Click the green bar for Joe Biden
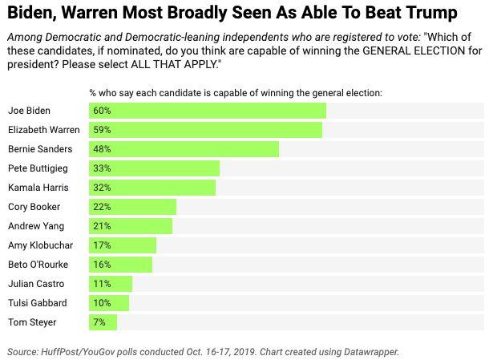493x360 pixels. (x=207, y=111)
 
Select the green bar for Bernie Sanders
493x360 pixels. (x=184, y=149)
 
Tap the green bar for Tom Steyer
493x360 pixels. (x=103, y=322)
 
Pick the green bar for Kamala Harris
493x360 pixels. (x=152, y=188)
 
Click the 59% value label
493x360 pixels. (x=101, y=130)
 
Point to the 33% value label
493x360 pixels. (x=101, y=168)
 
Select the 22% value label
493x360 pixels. (x=101, y=207)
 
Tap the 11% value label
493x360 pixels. (x=101, y=284)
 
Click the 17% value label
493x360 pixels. (x=101, y=245)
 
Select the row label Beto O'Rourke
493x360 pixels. (x=38, y=265)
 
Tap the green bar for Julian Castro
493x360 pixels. (x=111, y=284)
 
